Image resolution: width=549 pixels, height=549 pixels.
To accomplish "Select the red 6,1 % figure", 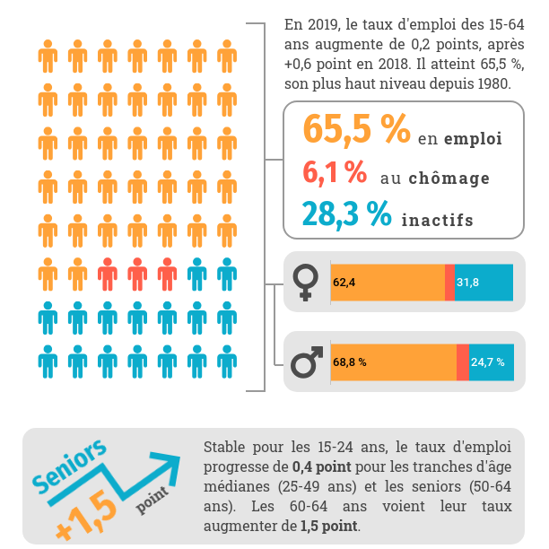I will click(335, 171).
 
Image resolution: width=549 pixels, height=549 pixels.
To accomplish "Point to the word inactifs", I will click(437, 220).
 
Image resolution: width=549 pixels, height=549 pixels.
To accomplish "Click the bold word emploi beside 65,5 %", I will click(472, 139).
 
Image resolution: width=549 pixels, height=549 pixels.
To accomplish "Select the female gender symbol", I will click(306, 283).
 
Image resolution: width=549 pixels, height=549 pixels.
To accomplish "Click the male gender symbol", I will click(307, 363).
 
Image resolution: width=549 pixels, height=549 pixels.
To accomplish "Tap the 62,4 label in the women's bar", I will click(344, 283).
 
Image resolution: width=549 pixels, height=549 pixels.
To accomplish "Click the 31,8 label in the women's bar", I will click(467, 283).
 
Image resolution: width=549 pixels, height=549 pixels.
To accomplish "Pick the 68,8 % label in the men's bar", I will click(350, 362).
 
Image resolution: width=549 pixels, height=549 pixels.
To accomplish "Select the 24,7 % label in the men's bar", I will click(488, 362).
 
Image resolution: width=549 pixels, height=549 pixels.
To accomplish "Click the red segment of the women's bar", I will click(449, 283).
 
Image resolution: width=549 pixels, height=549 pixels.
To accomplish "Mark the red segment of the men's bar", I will click(463, 362).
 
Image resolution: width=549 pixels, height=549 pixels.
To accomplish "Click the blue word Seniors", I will click(70, 467).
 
